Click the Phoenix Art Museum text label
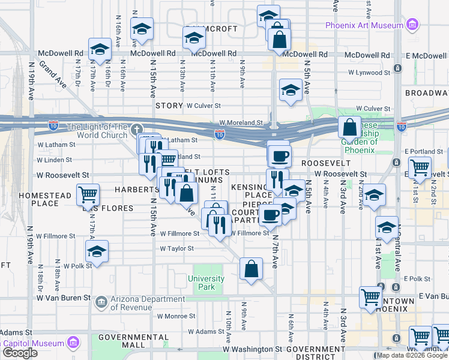[364, 25]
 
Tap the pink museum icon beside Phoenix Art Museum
[412, 25]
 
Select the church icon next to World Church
[137, 128]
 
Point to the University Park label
[206, 282]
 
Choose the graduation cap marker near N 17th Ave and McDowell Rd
[100, 50]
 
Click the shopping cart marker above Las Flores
[88, 194]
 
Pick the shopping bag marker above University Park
[251, 269]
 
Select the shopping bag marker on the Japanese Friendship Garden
[349, 127]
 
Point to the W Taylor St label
[176, 248]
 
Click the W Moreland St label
[241, 122]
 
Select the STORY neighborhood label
[169, 106]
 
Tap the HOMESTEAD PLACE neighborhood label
[37, 200]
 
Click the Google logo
[20, 353]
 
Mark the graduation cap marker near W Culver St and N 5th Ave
[291, 91]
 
